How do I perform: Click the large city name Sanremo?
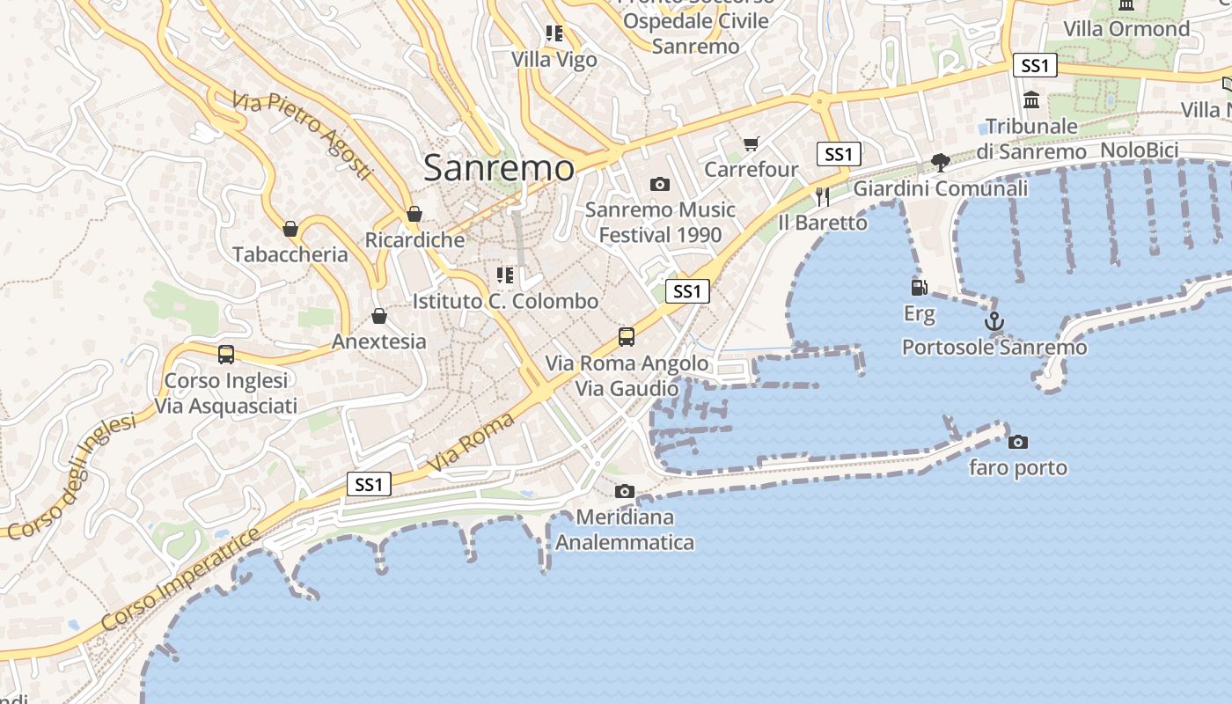point(499,168)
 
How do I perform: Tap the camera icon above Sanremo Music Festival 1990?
point(659,184)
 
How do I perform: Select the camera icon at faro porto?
point(1017,442)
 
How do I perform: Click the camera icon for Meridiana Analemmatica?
point(624,491)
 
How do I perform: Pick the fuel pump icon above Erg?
point(919,287)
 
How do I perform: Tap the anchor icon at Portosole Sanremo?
point(994,321)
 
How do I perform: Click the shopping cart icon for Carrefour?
point(751,143)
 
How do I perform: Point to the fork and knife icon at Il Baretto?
point(823,196)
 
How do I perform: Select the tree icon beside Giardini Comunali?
point(940,162)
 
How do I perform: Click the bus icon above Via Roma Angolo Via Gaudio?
point(626,336)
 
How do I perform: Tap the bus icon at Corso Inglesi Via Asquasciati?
point(226,354)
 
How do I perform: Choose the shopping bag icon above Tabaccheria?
point(290,229)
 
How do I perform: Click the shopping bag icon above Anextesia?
point(379,316)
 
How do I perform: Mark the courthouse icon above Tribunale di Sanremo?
point(1031,99)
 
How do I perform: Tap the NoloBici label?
point(1139,150)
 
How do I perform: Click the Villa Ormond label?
point(1126,29)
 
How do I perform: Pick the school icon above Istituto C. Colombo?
point(504,275)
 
